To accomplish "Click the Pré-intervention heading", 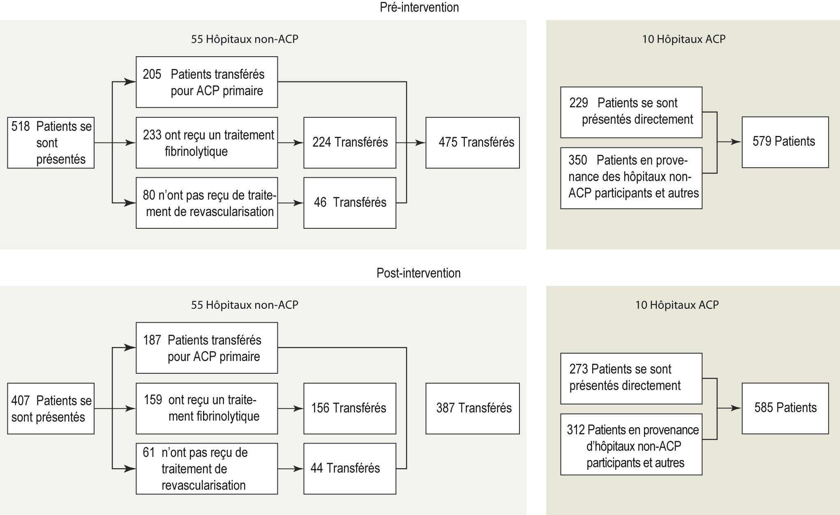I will pos(419,8).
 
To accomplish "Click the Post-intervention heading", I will pos(418,273).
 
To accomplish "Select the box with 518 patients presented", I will pos(51,143).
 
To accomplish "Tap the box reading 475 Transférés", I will pos(472,143).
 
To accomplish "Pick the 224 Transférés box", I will pos(350,143).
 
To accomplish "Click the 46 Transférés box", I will pos(350,202).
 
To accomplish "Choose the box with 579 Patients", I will pos(785,142).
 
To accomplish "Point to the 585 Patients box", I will pos(785,408).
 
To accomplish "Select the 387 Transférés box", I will pos(472,408).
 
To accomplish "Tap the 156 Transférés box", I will pos(350,408).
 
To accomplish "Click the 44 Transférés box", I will pos(350,468).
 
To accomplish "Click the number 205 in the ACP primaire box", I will pos(152,74).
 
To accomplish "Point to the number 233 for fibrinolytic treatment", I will pos(152,135).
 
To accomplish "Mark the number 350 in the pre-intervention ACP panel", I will pos(578,160).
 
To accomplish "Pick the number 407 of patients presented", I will pos(21,400).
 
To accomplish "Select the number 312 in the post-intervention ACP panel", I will pos(576,430).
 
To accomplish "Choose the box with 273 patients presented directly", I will pos(631,378).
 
